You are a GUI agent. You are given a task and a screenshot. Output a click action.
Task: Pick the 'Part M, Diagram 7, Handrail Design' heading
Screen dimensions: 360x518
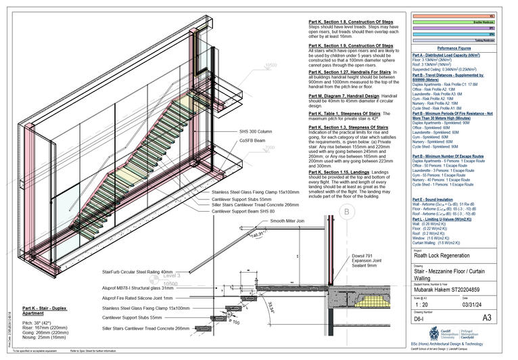(x=344, y=96)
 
